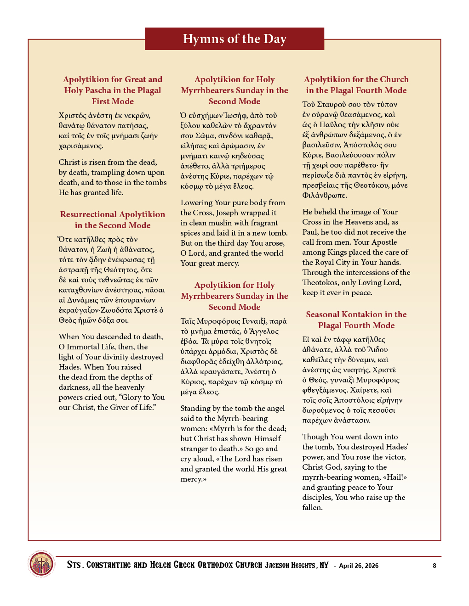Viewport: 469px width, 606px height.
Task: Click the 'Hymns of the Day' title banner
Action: click(234, 39)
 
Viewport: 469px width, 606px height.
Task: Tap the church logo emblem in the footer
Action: click(41, 563)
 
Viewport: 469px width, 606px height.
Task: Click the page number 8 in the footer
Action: click(434, 566)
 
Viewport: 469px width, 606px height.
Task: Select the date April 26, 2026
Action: click(359, 566)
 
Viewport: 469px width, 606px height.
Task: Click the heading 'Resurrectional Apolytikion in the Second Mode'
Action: click(113, 220)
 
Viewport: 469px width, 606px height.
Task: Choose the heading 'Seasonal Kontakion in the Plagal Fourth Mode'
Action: click(356, 320)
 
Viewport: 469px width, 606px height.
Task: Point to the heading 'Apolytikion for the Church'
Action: click(356, 79)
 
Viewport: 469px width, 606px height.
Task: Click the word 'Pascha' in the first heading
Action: click(103, 90)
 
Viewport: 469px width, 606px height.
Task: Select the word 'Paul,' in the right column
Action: click(310, 232)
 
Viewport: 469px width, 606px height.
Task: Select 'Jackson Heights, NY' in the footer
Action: click(297, 565)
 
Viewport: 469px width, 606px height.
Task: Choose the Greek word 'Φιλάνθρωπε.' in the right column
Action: click(324, 195)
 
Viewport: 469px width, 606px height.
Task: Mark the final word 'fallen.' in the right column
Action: click(312, 507)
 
